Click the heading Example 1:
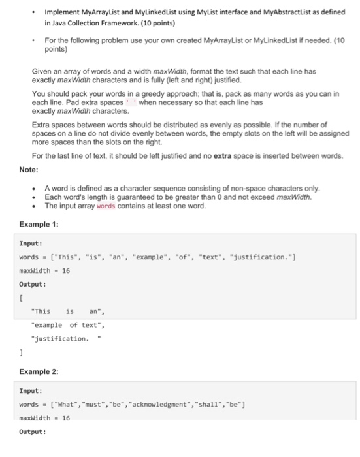point(39,224)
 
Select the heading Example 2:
point(39,371)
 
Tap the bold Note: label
point(29,170)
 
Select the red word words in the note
point(106,206)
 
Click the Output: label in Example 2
point(33,432)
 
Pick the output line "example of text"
point(67,325)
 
